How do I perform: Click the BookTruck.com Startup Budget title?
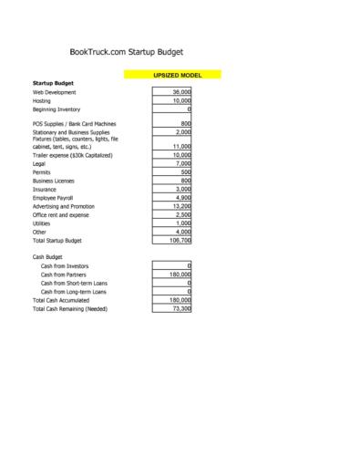point(132,54)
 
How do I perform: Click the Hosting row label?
point(44,101)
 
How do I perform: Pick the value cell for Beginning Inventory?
point(172,109)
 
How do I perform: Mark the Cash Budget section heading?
point(48,257)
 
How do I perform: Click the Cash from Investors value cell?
point(172,265)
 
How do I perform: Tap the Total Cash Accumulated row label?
point(66,300)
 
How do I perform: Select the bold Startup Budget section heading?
point(53,83)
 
